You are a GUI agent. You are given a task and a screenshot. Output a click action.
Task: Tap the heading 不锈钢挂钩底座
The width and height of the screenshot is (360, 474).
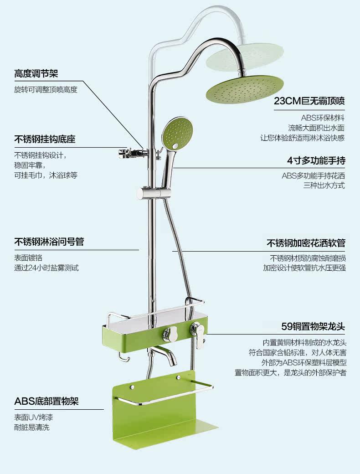[45, 139]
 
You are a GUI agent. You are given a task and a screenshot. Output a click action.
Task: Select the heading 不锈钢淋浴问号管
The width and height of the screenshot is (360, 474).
[49, 242]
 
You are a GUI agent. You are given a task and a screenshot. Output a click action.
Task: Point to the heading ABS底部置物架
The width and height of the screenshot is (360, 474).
[46, 402]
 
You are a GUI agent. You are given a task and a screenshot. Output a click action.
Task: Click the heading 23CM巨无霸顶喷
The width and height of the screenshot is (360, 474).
[309, 101]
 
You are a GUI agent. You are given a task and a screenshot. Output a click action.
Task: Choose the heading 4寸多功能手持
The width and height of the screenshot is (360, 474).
[316, 160]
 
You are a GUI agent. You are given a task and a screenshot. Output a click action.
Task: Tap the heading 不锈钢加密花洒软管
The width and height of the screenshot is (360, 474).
[306, 243]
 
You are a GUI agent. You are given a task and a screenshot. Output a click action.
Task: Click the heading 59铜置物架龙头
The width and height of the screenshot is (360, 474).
[313, 326]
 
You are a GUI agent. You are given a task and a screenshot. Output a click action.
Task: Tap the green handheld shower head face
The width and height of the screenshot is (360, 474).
[174, 133]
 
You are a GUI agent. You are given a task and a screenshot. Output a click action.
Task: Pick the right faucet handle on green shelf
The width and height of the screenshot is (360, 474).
[198, 331]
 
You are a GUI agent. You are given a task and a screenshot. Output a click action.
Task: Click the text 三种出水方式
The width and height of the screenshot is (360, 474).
[324, 185]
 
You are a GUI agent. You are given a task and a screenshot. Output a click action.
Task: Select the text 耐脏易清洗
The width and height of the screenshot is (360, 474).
[31, 428]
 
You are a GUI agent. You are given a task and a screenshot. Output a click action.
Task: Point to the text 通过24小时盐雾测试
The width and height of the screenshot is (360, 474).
[46, 268]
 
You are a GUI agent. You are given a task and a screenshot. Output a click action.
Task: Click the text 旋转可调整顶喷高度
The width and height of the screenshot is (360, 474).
[46, 89]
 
